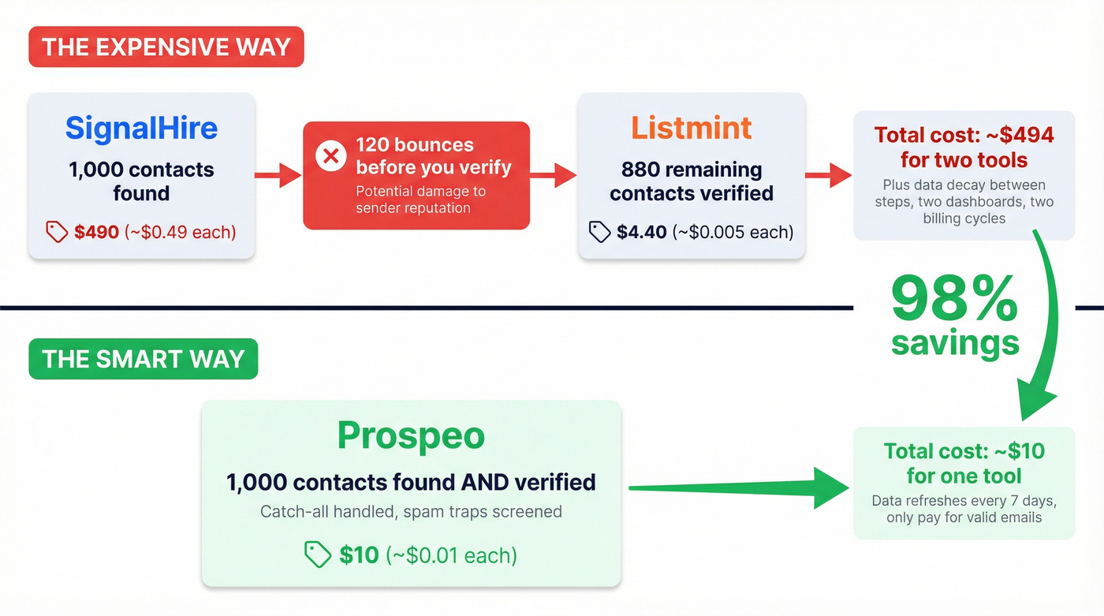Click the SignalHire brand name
[x=141, y=129]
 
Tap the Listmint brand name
[x=691, y=129]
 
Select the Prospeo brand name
[x=411, y=435]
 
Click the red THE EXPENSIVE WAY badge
[x=166, y=47]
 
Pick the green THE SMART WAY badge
[x=143, y=359]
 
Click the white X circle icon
[x=331, y=156]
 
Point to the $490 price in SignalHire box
[x=96, y=232]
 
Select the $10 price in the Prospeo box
[x=359, y=554]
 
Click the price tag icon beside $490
[x=57, y=232]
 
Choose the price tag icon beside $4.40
[x=599, y=232]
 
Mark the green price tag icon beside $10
[x=318, y=554]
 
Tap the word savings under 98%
[x=955, y=343]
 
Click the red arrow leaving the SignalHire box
[x=278, y=176]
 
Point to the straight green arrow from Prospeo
[x=733, y=488]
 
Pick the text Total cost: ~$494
[x=964, y=136]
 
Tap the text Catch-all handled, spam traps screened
[x=411, y=512]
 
